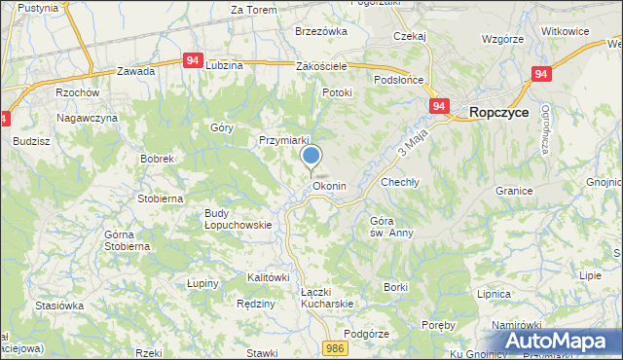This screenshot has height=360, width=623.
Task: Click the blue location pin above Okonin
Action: point(311,157)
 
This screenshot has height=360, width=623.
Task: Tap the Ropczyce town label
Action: point(499,113)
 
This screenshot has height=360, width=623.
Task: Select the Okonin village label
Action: point(329,186)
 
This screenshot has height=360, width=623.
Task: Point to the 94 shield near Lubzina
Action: point(192,60)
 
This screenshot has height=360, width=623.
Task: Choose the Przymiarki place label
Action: point(284,140)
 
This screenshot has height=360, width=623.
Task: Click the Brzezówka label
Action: point(321,31)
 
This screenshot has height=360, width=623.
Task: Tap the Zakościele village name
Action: point(322,66)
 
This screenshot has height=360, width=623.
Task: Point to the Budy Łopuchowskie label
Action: point(238,219)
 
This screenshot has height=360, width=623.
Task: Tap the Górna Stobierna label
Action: point(128,240)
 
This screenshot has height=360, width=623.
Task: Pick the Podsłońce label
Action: point(397,81)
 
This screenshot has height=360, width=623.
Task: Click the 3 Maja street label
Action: point(413,146)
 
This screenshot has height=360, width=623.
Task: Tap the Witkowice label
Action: point(566,31)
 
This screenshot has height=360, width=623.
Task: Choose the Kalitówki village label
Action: point(269,278)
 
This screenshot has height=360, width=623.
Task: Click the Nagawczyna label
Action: point(87,118)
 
